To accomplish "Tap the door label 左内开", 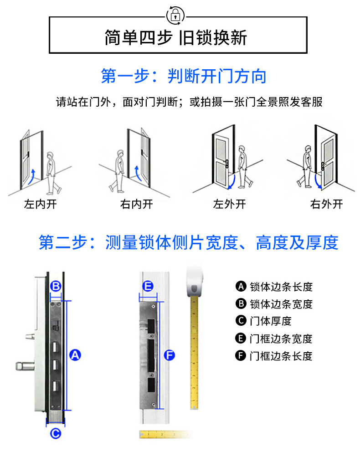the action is coord(40,204).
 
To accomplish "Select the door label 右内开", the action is coord(136,204).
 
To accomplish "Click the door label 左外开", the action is coord(229,204).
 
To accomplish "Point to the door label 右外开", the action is coord(326,204).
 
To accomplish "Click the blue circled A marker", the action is coord(75,355).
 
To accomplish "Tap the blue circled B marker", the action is coord(56,286).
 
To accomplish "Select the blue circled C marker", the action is coord(56,433).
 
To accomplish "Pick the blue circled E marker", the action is coord(148,286).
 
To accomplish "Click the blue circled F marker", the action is coord(170,355).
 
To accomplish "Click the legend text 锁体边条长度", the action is coord(281,287).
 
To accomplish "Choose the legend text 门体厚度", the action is coord(271,321).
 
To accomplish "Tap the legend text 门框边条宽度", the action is coord(281,339).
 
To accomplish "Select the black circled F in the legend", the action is coord(241,355).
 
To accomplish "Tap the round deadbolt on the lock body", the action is coord(25,366).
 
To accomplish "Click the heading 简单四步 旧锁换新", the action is coord(176,38).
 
